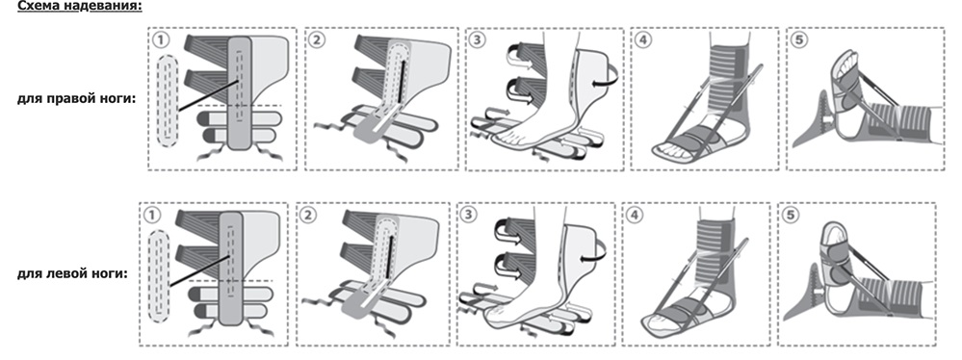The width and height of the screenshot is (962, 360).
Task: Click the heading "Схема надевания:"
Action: coord(80,7)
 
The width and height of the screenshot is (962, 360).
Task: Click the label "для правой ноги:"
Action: coord(77,98)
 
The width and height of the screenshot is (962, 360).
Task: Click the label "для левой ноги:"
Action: coord(72,273)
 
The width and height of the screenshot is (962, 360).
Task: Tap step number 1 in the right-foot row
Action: coord(160,40)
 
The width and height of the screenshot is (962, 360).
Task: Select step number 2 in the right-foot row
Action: coord(318,40)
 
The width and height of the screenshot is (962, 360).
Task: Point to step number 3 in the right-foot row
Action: coord(478,40)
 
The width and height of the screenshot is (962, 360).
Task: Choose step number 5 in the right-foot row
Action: coord(799,40)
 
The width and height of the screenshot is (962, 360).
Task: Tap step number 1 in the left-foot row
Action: coord(151,216)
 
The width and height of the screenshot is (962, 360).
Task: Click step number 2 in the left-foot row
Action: coord(309,216)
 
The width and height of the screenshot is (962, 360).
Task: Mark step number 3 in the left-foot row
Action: coord(469,216)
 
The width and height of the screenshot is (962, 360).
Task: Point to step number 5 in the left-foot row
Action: coord(791,216)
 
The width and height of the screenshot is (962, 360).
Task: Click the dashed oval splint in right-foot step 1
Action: coord(168,101)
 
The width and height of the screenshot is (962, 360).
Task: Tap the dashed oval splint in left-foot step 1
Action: coord(159,276)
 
